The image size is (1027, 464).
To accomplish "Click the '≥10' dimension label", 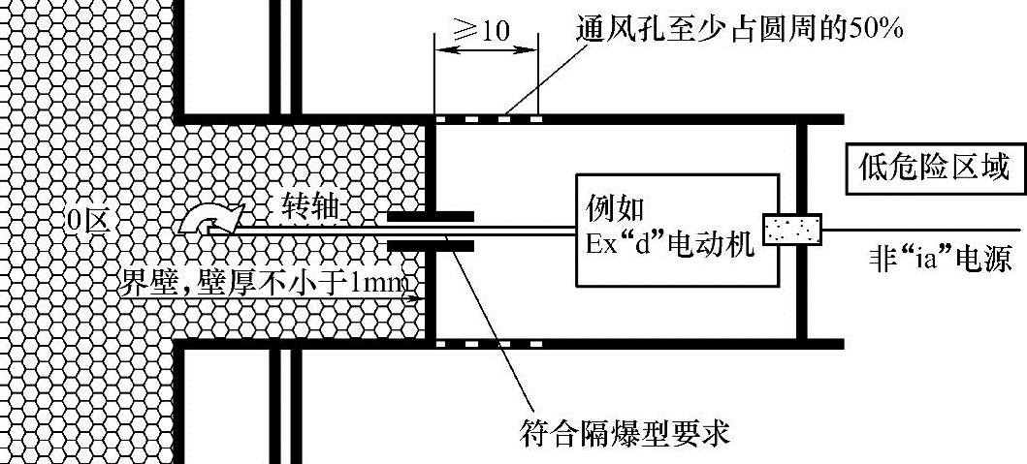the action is [x=485, y=29].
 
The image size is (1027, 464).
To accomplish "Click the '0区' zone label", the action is [x=86, y=222].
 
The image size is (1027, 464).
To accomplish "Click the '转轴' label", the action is [x=310, y=204].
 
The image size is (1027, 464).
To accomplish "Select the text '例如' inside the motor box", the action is [x=615, y=206].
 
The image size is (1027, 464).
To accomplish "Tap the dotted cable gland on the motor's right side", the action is [x=792, y=230].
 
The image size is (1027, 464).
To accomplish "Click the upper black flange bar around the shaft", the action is [x=431, y=215].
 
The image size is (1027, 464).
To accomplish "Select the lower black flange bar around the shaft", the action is [x=431, y=246].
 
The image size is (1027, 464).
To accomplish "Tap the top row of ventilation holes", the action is [x=488, y=119].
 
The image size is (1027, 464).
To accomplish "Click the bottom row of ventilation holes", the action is [x=488, y=343].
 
